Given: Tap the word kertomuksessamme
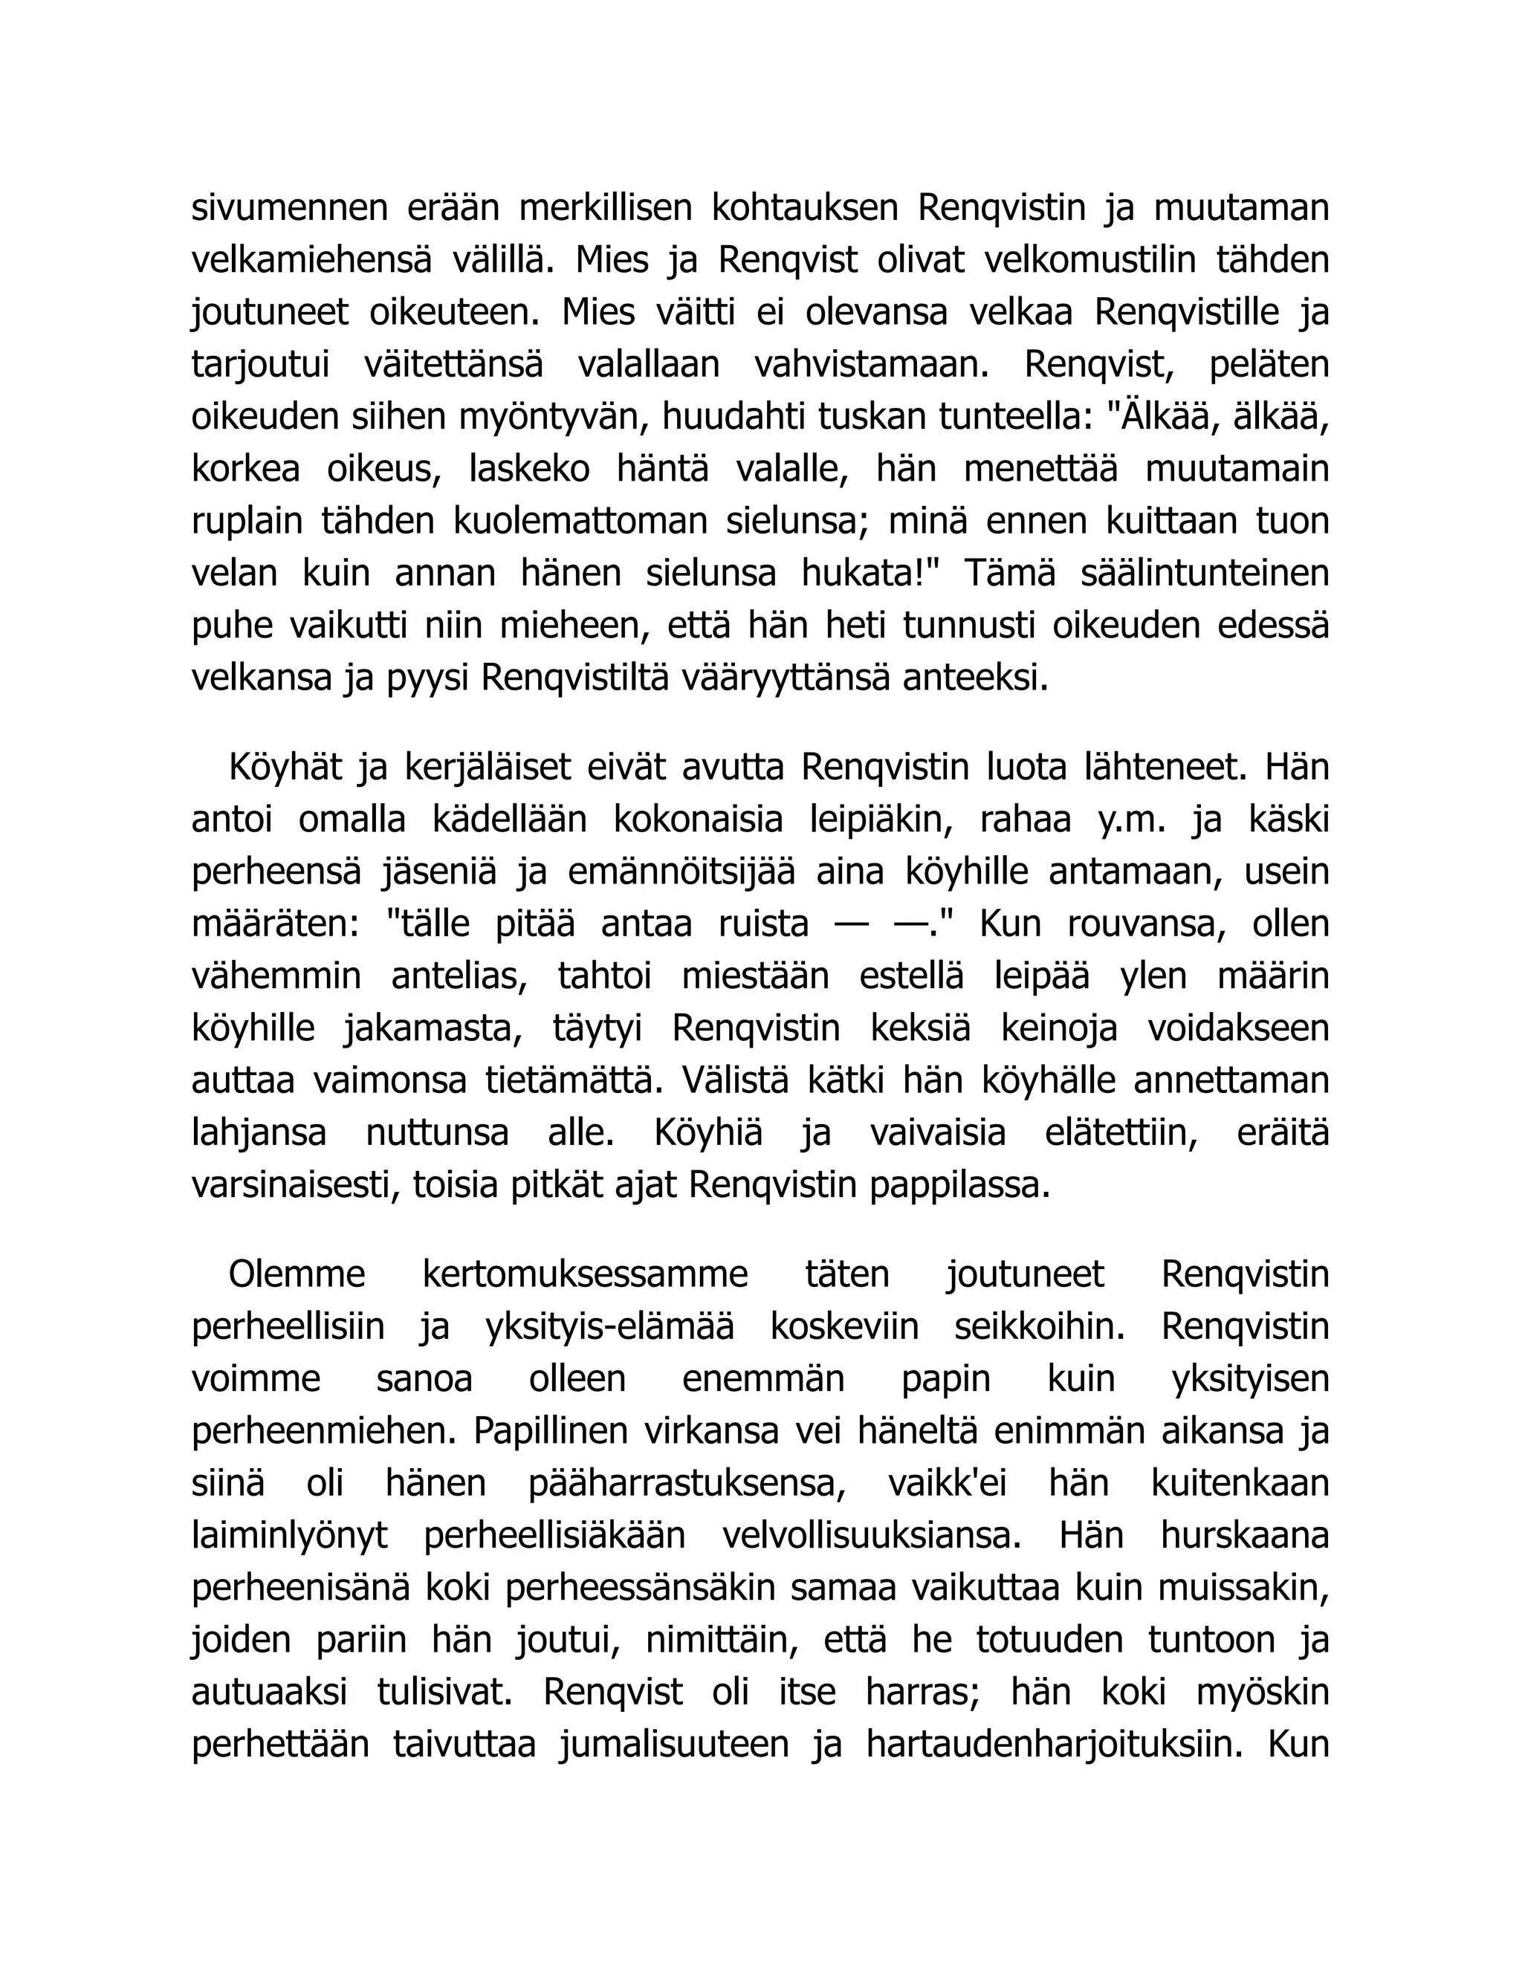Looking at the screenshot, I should (x=585, y=1275).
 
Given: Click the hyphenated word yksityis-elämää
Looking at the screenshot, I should (x=609, y=1327).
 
